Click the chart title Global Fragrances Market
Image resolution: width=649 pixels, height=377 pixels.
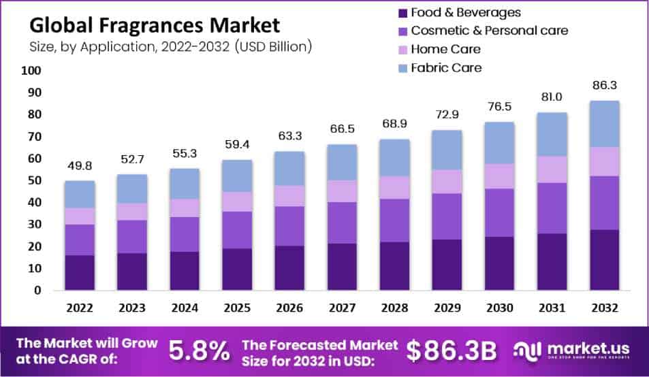coord(154,26)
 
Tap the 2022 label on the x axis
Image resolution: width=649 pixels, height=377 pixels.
coord(80,308)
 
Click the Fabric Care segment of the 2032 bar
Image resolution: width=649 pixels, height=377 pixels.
coord(605,124)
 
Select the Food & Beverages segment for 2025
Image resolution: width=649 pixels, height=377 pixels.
coord(238,269)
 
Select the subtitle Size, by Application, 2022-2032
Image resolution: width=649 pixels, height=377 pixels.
coord(170,47)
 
